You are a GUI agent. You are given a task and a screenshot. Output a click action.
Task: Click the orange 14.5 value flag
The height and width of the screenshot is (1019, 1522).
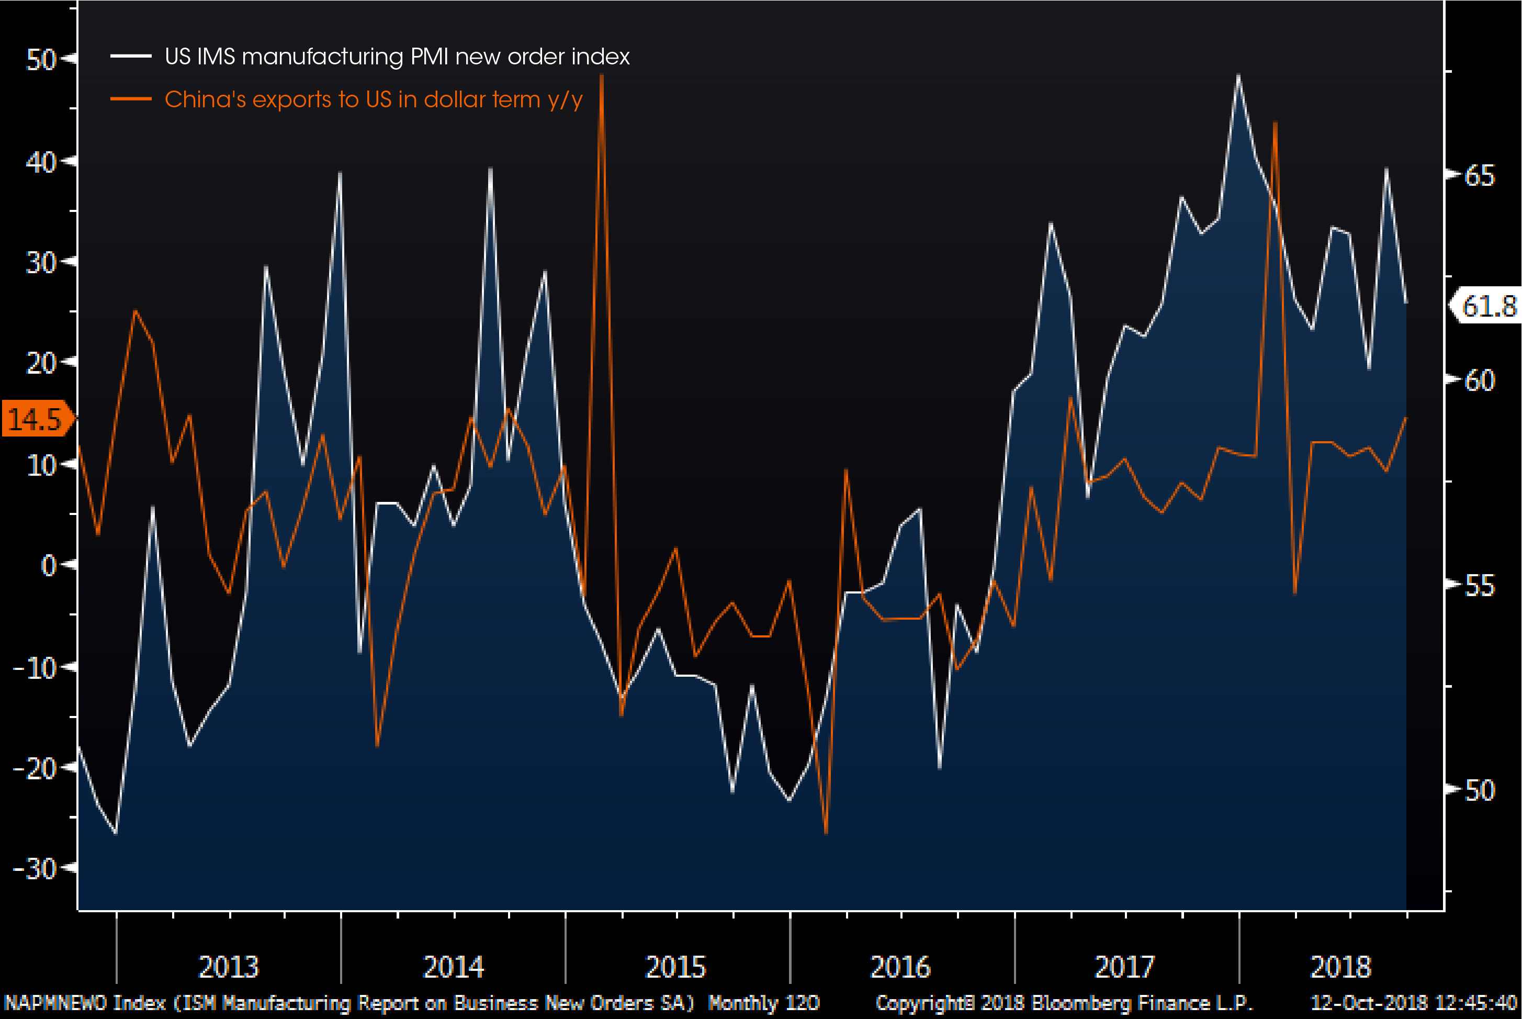pyautogui.click(x=36, y=419)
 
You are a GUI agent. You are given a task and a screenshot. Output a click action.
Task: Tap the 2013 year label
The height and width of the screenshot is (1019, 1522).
pyautogui.click(x=228, y=967)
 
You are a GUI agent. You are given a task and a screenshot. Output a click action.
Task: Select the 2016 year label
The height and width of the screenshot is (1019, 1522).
pyautogui.click(x=900, y=967)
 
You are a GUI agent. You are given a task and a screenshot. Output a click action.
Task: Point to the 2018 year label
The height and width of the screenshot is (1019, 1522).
pyautogui.click(x=1341, y=967)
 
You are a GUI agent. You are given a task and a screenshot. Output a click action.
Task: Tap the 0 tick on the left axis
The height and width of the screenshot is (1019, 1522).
pyautogui.click(x=48, y=565)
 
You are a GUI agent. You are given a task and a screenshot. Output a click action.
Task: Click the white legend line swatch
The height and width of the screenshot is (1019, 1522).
pyautogui.click(x=131, y=57)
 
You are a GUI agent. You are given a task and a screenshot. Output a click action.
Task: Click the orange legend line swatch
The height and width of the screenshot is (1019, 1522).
pyautogui.click(x=131, y=99)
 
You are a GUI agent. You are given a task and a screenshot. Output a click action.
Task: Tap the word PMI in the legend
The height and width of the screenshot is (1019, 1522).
pyautogui.click(x=429, y=57)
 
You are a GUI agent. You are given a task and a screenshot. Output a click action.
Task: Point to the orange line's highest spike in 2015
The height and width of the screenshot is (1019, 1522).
pyautogui.click(x=602, y=77)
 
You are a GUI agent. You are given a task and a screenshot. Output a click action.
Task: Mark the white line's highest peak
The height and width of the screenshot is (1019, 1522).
pyautogui.click(x=1238, y=76)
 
